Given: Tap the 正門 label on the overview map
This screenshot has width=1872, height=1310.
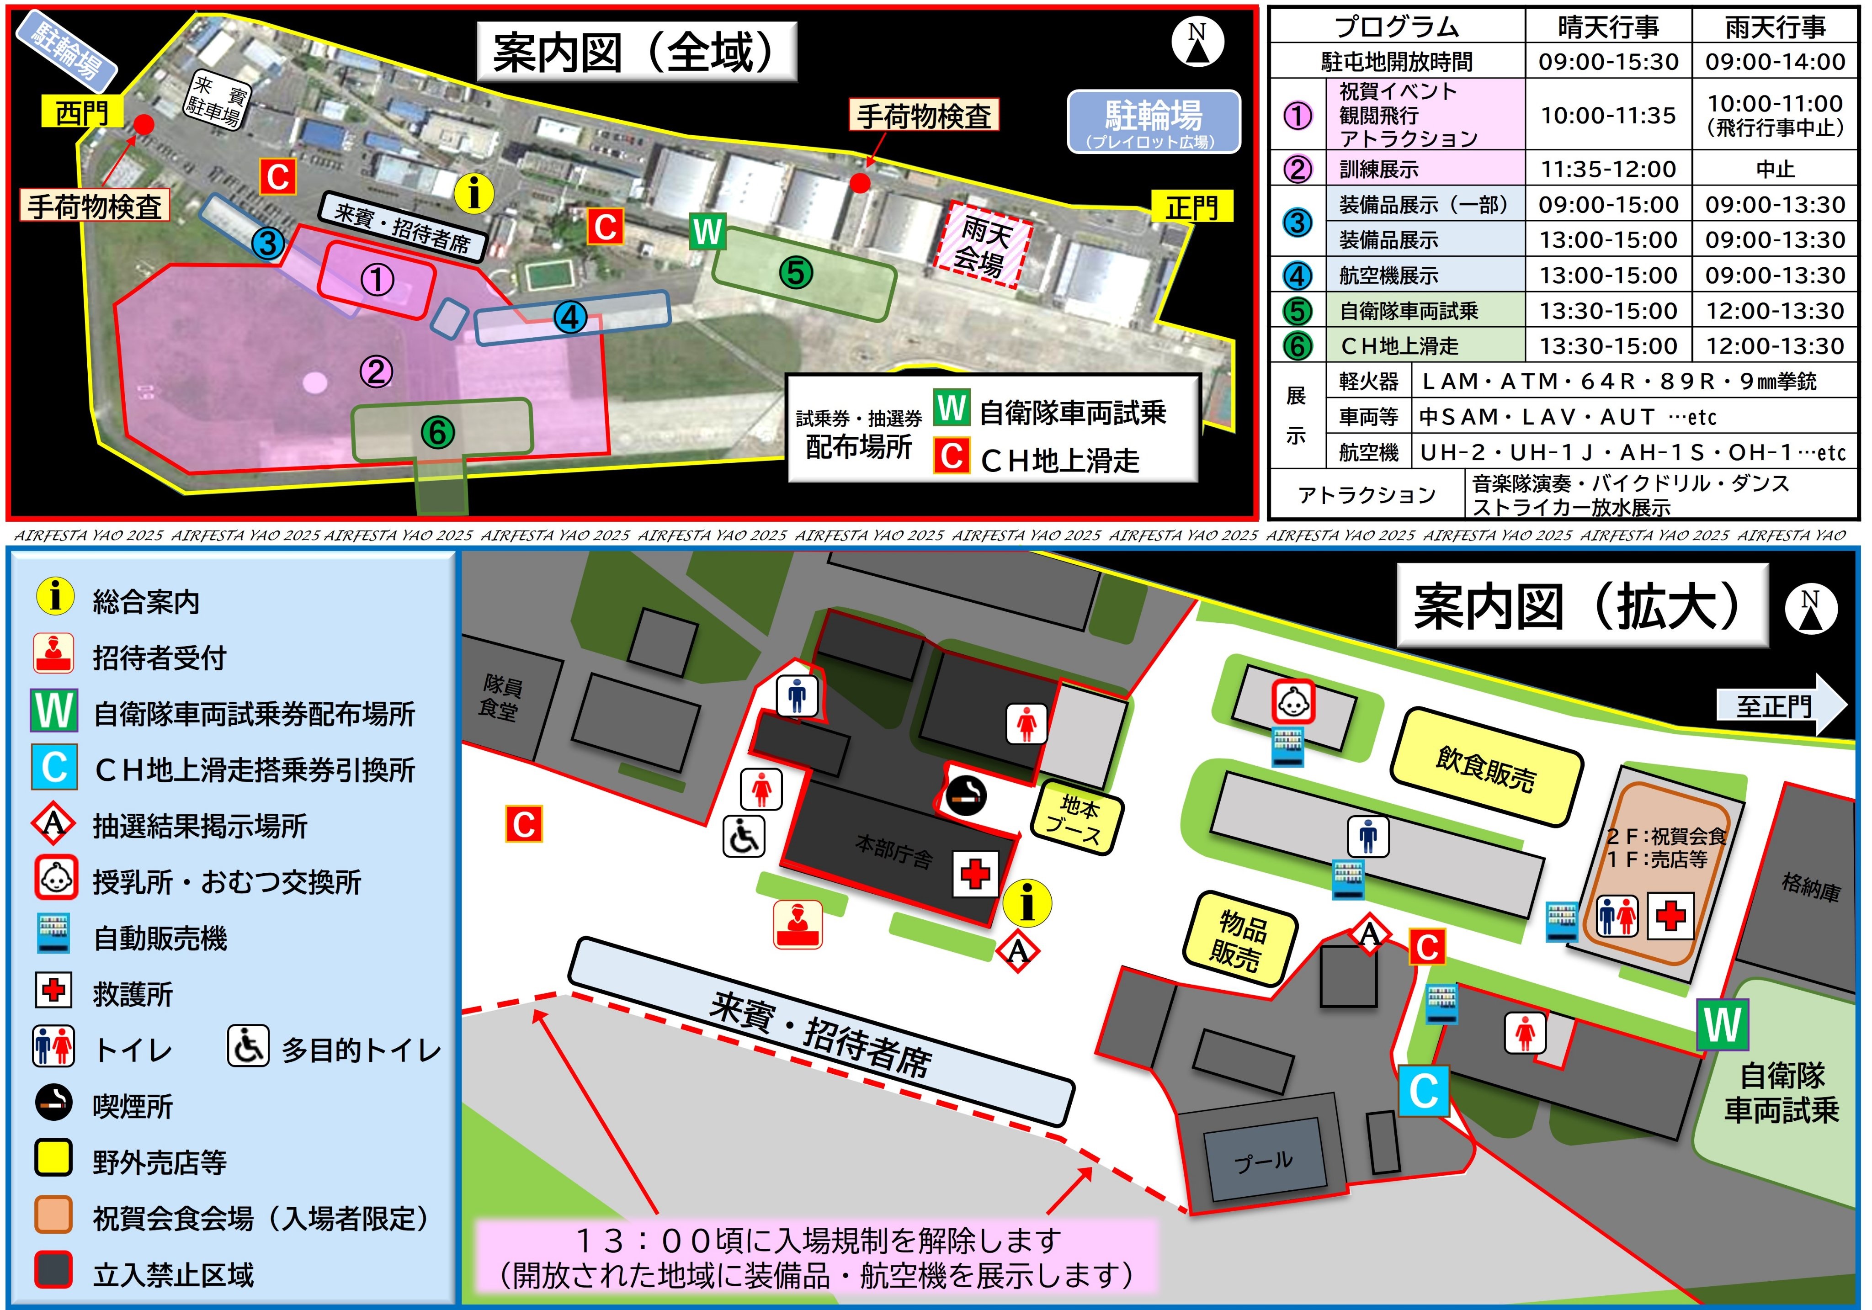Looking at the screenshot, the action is (1191, 207).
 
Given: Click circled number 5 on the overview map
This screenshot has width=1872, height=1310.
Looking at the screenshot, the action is (796, 272).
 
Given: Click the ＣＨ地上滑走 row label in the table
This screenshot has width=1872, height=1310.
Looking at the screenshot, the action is (1399, 345).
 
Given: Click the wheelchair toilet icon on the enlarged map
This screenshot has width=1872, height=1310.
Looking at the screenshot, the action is (744, 836).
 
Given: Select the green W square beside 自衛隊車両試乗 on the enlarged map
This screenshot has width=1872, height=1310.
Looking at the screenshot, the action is (1722, 1025).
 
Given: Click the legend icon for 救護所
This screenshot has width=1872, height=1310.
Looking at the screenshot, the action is (54, 990).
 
